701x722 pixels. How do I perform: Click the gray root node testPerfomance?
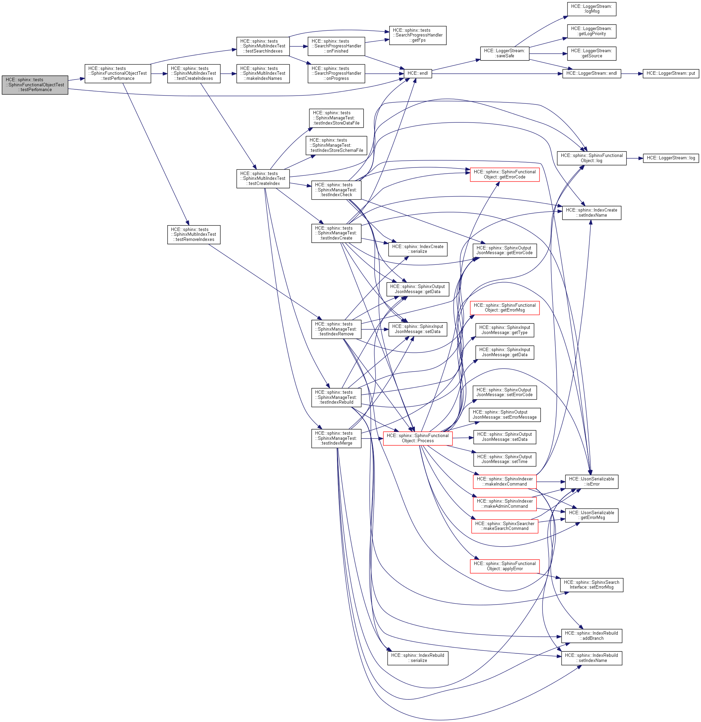click(35, 85)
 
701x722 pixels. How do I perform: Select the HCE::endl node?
click(418, 74)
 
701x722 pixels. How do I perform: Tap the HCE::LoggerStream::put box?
click(670, 74)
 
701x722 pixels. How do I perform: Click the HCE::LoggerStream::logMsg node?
click(591, 9)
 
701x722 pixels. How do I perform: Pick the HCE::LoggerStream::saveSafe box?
click(504, 54)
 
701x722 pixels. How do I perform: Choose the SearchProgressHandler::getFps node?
click(417, 35)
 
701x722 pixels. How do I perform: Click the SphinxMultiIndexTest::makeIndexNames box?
click(263, 74)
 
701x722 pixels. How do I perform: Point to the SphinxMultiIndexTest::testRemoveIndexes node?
click(194, 235)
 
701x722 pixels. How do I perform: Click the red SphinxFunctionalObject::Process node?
click(418, 438)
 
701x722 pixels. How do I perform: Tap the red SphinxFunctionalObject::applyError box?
click(504, 566)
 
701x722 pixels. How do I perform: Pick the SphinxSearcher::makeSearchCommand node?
click(504, 526)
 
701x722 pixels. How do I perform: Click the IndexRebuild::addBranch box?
click(591, 636)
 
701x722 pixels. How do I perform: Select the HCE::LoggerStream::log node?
click(670, 158)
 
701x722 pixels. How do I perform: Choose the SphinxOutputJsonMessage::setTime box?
click(504, 459)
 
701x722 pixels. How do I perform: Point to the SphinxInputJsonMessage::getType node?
click(504, 330)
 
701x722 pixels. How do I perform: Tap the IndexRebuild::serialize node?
click(417, 658)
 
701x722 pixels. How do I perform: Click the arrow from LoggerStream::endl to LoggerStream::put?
click(632, 74)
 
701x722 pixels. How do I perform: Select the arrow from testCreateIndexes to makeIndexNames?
click(228, 74)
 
